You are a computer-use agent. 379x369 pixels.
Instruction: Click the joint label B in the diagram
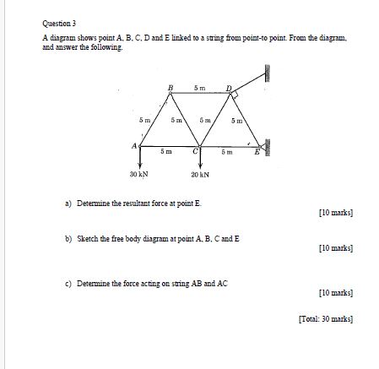[171, 87]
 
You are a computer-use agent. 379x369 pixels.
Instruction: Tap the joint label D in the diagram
[227, 88]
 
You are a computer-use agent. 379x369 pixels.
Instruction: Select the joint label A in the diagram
[133, 146]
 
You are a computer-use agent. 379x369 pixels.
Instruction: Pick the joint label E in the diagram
[257, 152]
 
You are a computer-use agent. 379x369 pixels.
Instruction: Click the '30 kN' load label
[138, 175]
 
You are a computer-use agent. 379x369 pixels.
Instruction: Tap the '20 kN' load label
[200, 175]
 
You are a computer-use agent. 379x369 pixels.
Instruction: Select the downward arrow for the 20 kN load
[200, 160]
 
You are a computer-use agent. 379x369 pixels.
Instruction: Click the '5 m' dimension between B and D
[198, 87]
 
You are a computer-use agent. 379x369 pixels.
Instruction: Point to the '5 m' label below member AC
[166, 152]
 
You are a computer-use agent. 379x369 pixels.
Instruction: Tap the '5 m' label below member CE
[226, 152]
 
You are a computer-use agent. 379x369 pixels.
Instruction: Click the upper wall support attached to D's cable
[267, 73]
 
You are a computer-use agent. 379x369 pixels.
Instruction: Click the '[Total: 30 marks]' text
[325, 319]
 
